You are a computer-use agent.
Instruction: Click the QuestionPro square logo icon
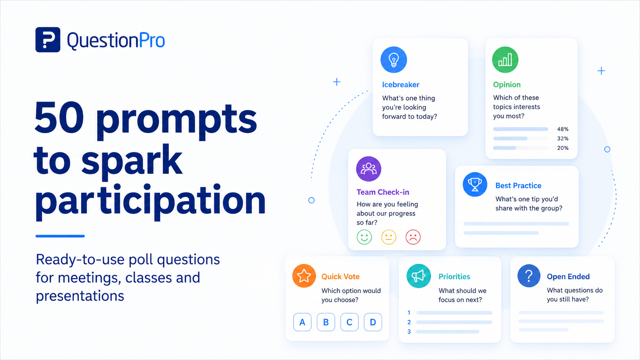[48, 40]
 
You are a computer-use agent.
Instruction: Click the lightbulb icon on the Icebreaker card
[394, 60]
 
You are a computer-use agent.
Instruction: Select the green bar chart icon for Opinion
[505, 60]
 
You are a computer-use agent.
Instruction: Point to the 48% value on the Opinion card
[563, 129]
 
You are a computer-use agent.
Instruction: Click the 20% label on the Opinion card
[563, 148]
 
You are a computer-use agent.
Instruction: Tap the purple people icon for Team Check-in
[369, 169]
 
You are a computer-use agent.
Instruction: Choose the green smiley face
[364, 237]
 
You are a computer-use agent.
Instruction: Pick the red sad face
[413, 237]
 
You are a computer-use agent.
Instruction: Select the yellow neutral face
[389, 237]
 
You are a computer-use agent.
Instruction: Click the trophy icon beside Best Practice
[475, 184]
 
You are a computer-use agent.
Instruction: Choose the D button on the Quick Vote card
[373, 322]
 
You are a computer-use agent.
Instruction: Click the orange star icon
[304, 276]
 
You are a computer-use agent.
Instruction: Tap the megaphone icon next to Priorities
[419, 276]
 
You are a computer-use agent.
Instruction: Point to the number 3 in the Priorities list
[409, 331]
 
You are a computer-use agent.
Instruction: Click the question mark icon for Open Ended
[529, 276]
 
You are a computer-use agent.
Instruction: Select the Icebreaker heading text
[400, 85]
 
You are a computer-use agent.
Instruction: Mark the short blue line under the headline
[60, 236]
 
